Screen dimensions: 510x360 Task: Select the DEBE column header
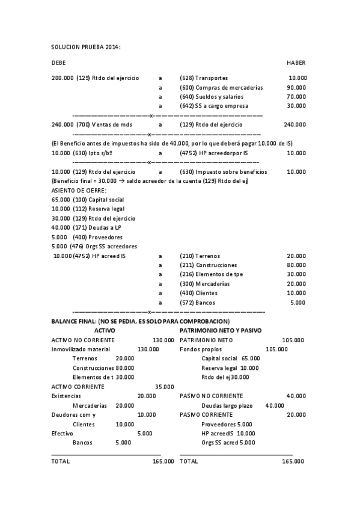click(x=59, y=63)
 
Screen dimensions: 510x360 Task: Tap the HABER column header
click(x=296, y=63)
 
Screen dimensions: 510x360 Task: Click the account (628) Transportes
click(x=204, y=78)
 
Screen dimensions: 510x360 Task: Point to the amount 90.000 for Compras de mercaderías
click(x=296, y=87)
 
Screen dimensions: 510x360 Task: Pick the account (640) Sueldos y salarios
click(x=212, y=96)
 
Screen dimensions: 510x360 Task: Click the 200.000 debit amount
click(x=63, y=78)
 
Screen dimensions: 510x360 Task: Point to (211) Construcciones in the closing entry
click(x=208, y=265)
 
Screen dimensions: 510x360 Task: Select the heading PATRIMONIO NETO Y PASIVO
click(x=221, y=331)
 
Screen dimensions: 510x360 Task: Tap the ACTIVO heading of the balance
click(x=105, y=331)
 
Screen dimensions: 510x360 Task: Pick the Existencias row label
click(x=66, y=396)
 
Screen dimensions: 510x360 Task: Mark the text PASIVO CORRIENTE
click(x=206, y=414)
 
